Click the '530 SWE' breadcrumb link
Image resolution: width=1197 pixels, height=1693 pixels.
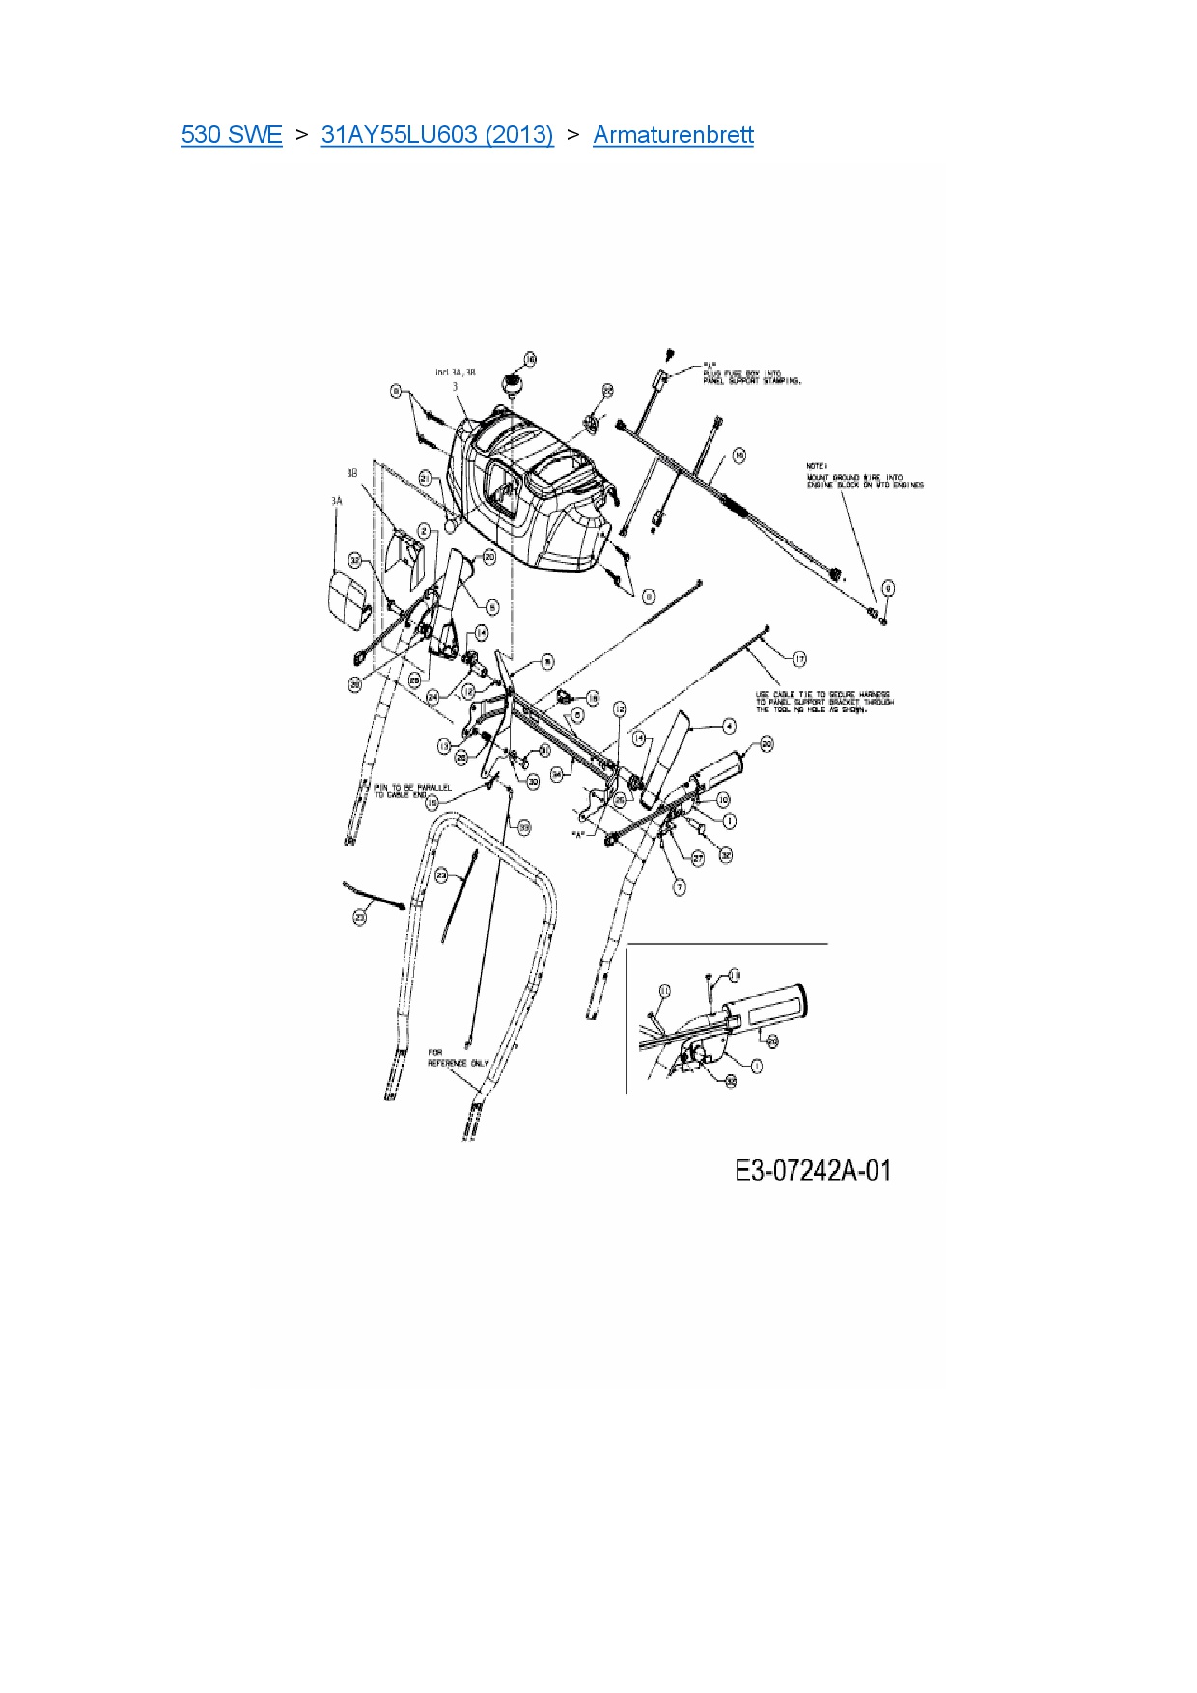[232, 135]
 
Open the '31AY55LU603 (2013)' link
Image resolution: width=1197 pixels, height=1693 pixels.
[437, 135]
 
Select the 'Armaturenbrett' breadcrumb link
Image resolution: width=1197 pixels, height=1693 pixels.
[673, 135]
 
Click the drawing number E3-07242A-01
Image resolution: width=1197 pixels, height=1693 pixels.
[813, 1171]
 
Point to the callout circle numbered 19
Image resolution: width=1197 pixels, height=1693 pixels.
[738, 456]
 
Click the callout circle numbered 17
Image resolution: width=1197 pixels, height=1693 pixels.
[799, 659]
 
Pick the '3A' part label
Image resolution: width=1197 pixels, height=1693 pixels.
[336, 501]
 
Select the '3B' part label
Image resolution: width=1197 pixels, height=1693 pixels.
[352, 473]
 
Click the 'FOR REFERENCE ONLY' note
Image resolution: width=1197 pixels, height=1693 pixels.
[458, 1058]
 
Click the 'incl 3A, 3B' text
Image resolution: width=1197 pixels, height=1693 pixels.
[456, 372]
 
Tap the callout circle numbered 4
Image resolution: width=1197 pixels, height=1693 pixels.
[730, 727]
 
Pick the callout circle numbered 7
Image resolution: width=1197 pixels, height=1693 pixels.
[679, 887]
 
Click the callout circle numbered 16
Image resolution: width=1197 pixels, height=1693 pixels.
[530, 360]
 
